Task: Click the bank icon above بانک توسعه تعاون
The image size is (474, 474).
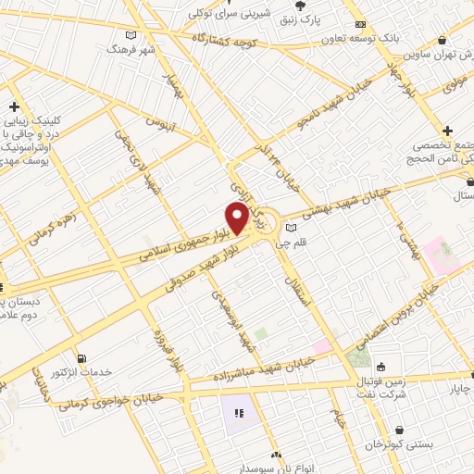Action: pos(361,26)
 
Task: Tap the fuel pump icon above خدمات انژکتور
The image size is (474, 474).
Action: pos(84,358)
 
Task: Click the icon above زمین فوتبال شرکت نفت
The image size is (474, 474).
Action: pos(380,356)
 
